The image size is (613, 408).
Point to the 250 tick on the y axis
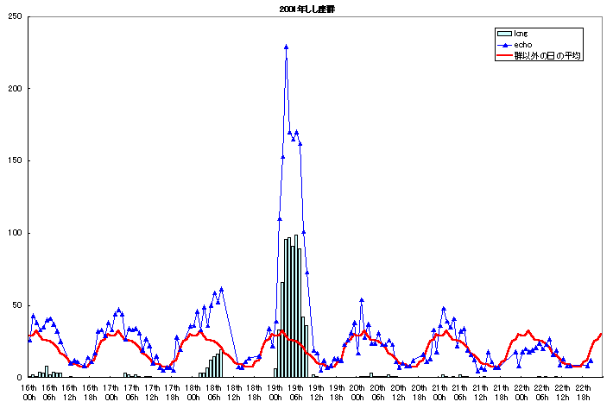point(15,16)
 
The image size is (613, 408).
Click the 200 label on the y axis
point(15,89)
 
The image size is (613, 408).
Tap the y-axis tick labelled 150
point(15,160)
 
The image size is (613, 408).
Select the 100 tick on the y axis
point(15,233)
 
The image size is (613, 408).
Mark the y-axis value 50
point(17,305)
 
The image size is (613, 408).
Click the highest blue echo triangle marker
point(286,47)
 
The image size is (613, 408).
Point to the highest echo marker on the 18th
point(221,289)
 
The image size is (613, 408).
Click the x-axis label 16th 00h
point(28,392)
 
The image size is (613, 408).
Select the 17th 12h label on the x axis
point(151,392)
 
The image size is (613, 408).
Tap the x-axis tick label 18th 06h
point(212,392)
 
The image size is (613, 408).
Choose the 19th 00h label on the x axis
point(275,392)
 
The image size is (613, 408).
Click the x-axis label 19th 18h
point(336,392)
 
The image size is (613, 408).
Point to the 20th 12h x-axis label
point(397,392)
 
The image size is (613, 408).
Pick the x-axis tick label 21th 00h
point(439,392)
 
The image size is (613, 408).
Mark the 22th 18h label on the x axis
point(582,392)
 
